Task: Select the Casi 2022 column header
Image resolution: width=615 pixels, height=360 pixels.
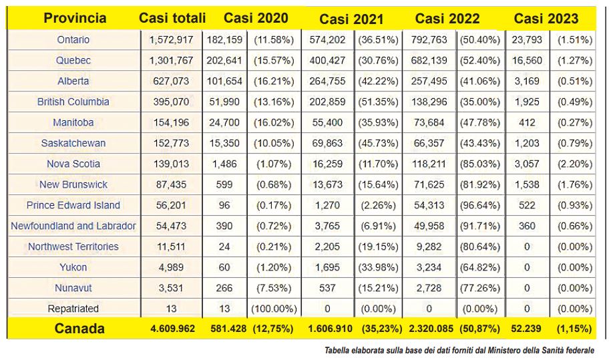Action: click(447, 19)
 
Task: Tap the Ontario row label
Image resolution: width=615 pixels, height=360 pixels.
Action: click(73, 40)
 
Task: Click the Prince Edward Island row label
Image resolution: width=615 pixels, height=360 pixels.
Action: click(73, 206)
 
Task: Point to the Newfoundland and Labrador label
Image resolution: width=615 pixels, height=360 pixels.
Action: click(73, 226)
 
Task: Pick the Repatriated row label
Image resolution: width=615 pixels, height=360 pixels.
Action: click(73, 309)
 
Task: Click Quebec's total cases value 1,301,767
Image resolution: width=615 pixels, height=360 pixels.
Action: click(172, 61)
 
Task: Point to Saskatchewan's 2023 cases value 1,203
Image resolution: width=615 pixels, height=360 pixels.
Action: click(527, 144)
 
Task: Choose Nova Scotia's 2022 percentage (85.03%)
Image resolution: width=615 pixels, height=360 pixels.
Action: click(480, 164)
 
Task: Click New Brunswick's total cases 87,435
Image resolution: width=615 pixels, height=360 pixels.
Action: click(172, 185)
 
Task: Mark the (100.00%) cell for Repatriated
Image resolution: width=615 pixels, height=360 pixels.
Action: click(274, 309)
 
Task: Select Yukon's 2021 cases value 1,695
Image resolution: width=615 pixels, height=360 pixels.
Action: click(327, 268)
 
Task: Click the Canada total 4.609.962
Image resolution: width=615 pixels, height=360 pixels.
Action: click(172, 329)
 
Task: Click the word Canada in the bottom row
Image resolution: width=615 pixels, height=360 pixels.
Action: click(79, 329)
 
